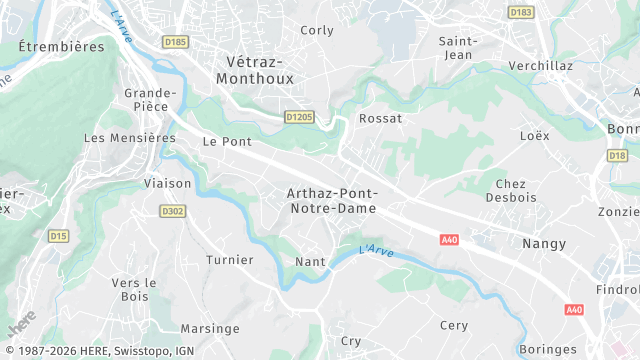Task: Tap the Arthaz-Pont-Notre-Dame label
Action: (x=332, y=201)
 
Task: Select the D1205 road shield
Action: (x=299, y=117)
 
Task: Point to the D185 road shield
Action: (x=175, y=41)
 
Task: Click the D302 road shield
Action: (x=173, y=211)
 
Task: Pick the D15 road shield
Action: (x=58, y=236)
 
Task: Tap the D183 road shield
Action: (x=520, y=12)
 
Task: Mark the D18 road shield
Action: (x=617, y=156)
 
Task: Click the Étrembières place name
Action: (x=60, y=46)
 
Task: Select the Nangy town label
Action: (x=544, y=243)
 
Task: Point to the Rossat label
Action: (x=380, y=118)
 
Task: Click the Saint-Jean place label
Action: (x=461, y=47)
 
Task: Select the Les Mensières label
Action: (x=123, y=138)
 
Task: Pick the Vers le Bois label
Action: (x=135, y=289)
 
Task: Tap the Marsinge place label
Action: (x=210, y=328)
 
